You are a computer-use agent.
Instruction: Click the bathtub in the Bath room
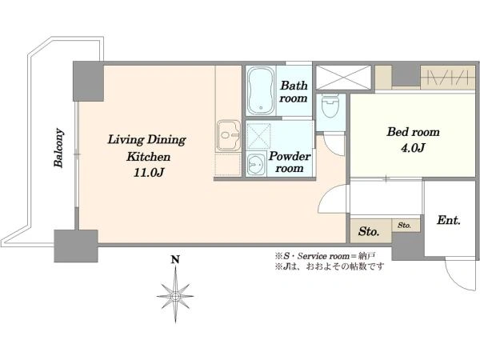pos(261,90)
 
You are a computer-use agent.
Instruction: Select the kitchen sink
pos(229,135)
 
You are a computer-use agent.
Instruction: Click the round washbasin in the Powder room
pos(256,165)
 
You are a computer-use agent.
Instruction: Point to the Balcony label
pos(58,148)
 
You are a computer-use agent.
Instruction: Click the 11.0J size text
pos(149,173)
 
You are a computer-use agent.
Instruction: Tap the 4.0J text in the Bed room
pos(413,148)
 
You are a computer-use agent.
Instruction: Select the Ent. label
pos(449,220)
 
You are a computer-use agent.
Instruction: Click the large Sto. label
pos(369,231)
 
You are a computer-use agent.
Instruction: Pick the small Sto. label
pos(404,226)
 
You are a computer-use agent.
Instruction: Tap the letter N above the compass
pos(175,260)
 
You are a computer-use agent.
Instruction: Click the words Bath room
pos(294,91)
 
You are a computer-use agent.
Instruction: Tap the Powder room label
pos(290,162)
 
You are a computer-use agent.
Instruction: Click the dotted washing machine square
pos(258,136)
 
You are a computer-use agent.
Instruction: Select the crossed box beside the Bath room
pos(343,77)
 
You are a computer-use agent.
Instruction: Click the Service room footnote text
pos(326,256)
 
